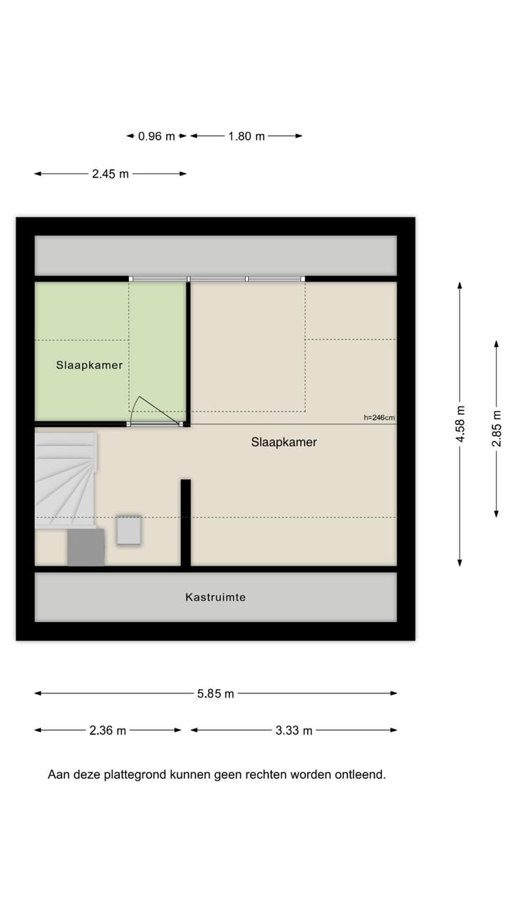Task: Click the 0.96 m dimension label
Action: pyautogui.click(x=156, y=136)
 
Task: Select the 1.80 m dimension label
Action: pyautogui.click(x=247, y=136)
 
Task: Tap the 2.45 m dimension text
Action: pyautogui.click(x=110, y=173)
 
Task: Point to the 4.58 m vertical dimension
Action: pyautogui.click(x=460, y=424)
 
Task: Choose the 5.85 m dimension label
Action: pyautogui.click(x=215, y=693)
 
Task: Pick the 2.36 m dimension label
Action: pyautogui.click(x=108, y=730)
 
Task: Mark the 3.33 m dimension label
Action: pyautogui.click(x=294, y=730)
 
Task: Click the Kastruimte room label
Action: pyautogui.click(x=215, y=597)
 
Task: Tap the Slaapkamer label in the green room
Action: pyautogui.click(x=89, y=365)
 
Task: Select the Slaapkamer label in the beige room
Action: pyautogui.click(x=284, y=442)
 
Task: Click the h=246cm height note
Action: pyautogui.click(x=379, y=418)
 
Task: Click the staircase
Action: pyautogui.click(x=66, y=479)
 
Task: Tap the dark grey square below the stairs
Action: pyautogui.click(x=86, y=547)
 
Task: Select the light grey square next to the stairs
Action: pyautogui.click(x=129, y=530)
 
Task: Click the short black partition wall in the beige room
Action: pyautogui.click(x=185, y=523)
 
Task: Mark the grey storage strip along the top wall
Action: pyautogui.click(x=215, y=255)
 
